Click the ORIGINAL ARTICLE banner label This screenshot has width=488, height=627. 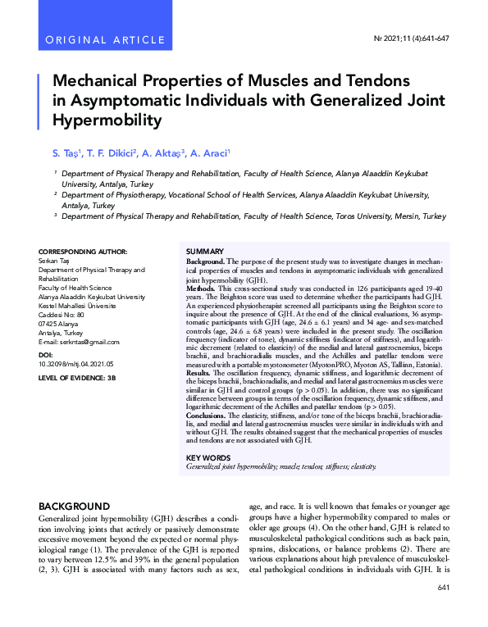point(95,39)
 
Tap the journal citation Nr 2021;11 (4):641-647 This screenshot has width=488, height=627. point(411,39)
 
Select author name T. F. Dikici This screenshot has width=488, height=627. point(110,152)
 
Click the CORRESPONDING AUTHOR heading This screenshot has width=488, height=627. point(83,251)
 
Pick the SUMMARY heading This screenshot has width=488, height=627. point(204,251)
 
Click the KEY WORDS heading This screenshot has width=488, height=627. point(208,458)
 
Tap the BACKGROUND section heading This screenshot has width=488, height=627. point(75,507)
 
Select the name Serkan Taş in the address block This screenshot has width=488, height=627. point(57,261)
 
